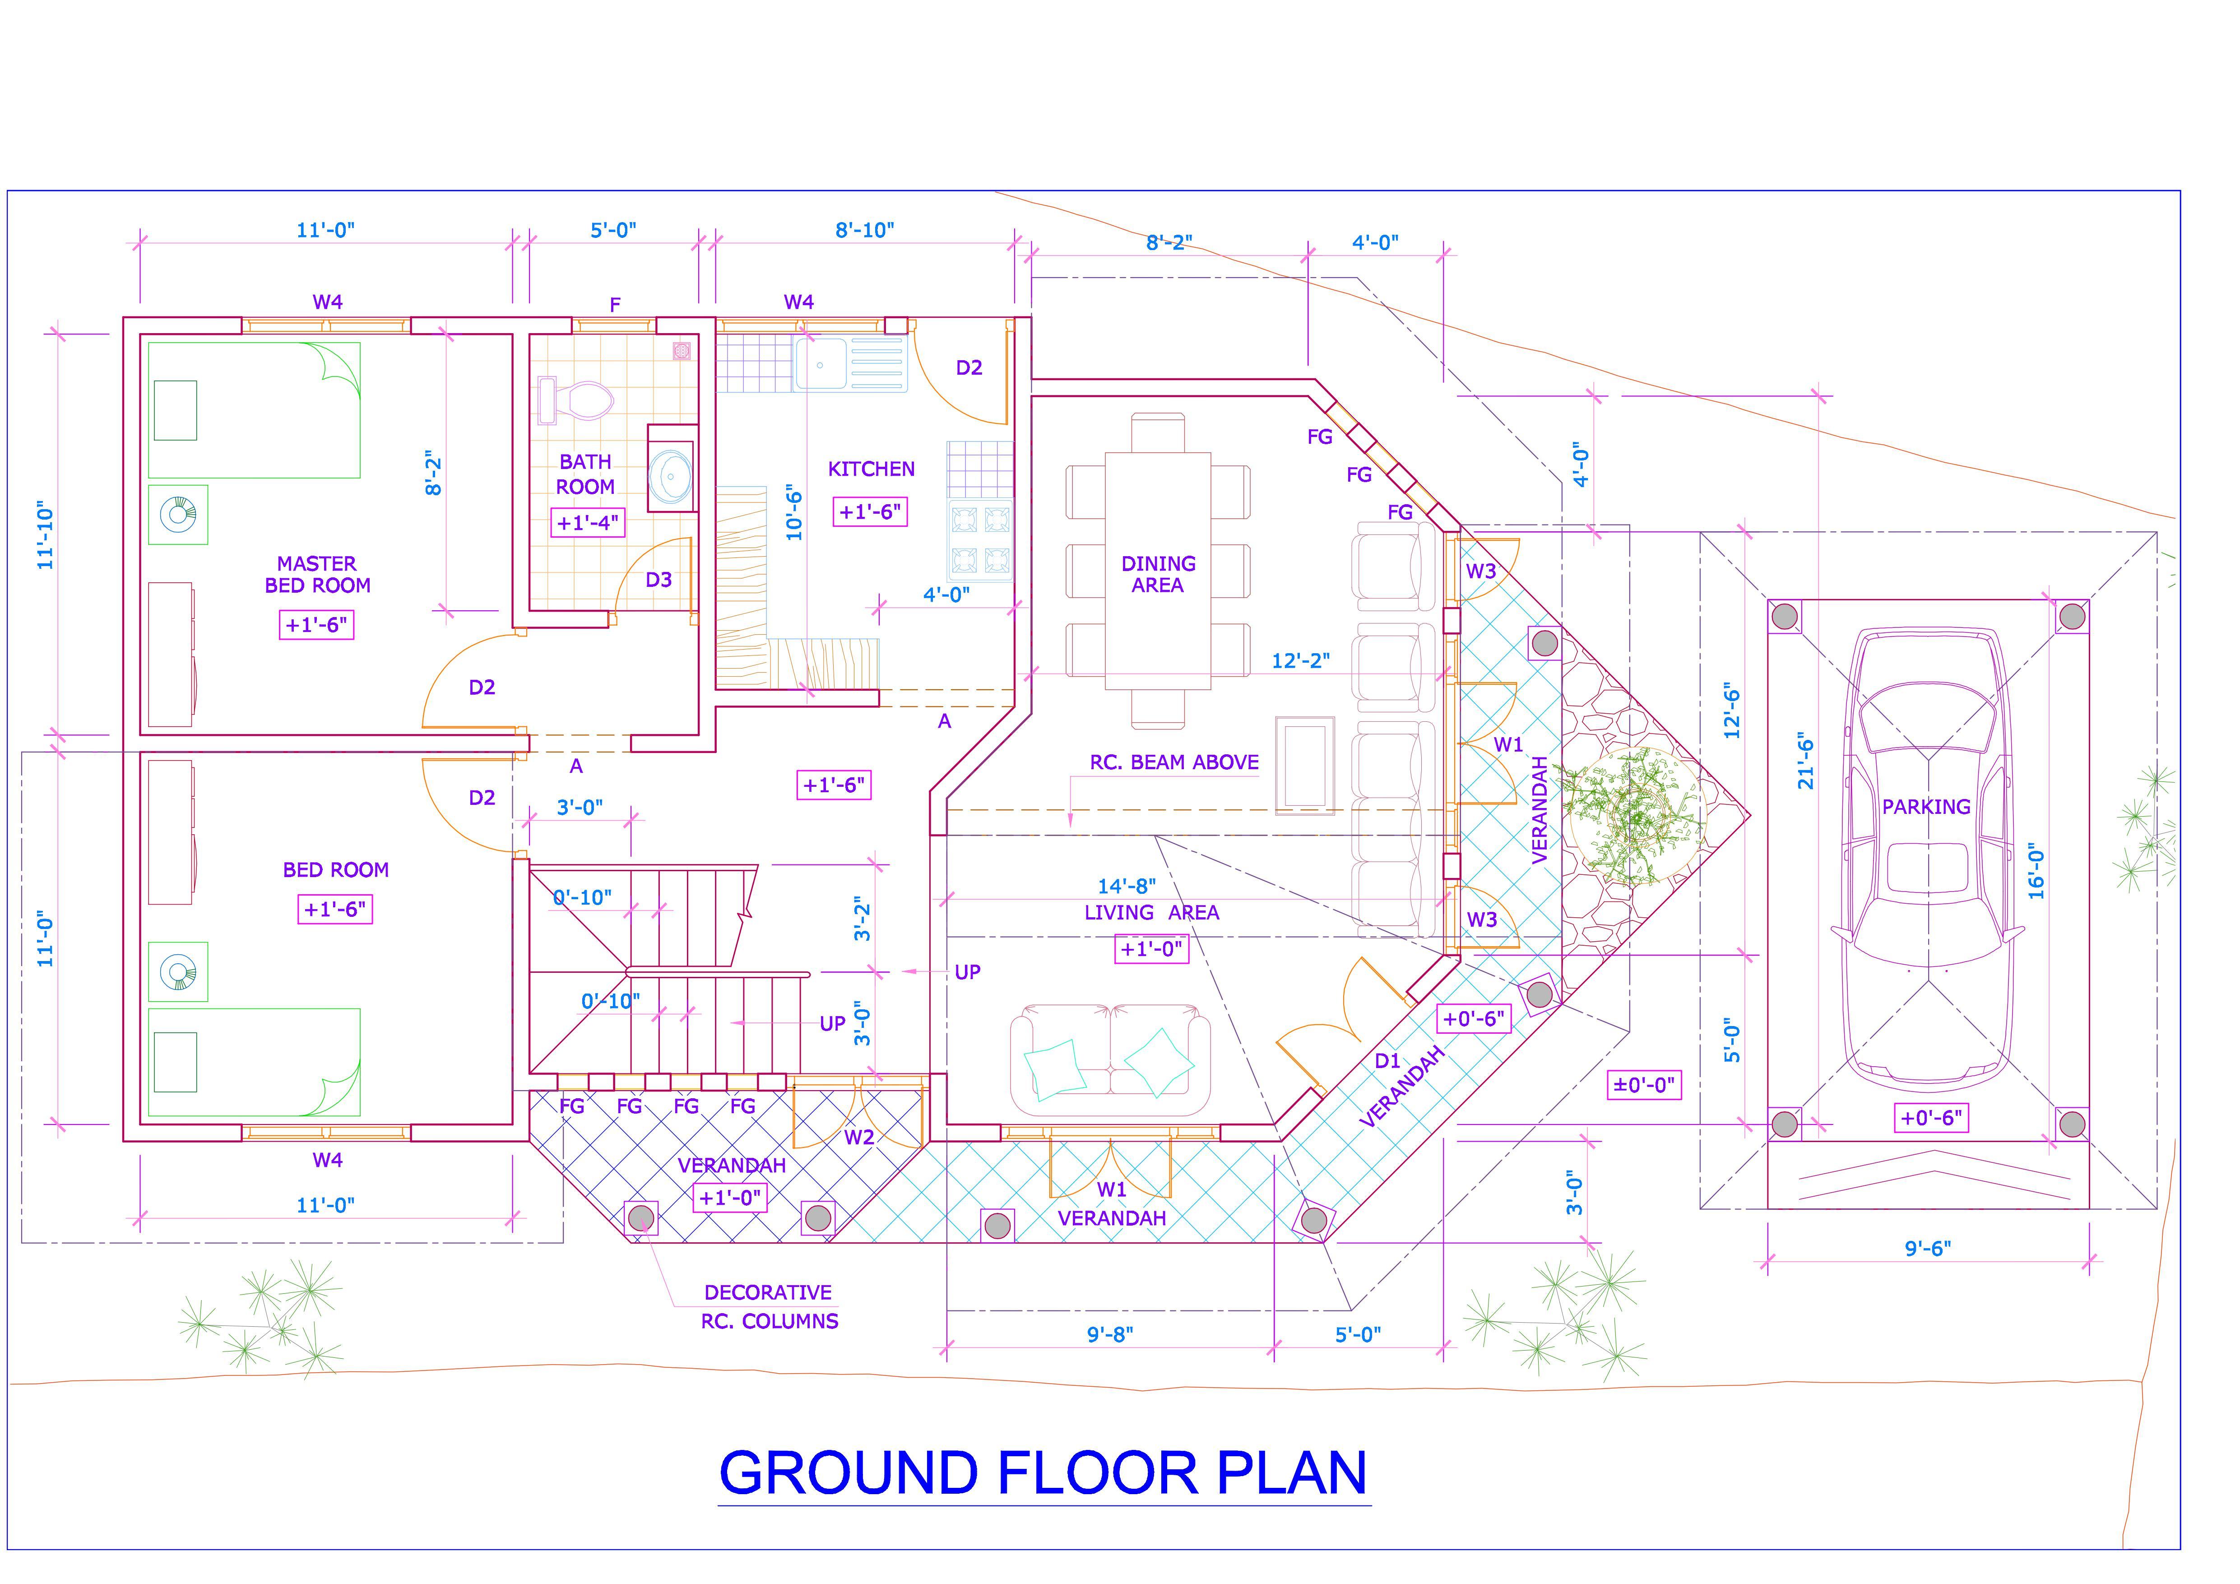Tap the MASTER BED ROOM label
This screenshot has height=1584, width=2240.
click(317, 575)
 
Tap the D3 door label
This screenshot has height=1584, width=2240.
click(659, 580)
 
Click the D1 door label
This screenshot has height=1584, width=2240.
click(1387, 1061)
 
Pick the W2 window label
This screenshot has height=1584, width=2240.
click(858, 1137)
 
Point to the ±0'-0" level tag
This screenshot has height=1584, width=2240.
click(1644, 1084)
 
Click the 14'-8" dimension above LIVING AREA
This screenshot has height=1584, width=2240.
click(1127, 886)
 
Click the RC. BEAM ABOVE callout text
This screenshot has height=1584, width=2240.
click(1173, 762)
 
